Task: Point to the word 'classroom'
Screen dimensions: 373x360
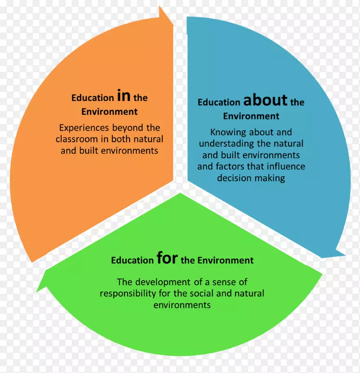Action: pyautogui.click(x=76, y=139)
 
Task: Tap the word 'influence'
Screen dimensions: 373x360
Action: pyautogui.click(x=287, y=166)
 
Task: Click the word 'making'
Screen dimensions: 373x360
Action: pyautogui.click(x=271, y=178)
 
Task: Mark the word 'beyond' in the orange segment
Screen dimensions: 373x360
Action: pyautogui.click(x=122, y=128)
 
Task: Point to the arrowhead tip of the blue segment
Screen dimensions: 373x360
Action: pyautogui.click(x=345, y=255)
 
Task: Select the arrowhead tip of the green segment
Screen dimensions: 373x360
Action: pyautogui.click(x=39, y=280)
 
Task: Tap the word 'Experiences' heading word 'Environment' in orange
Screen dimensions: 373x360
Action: pyautogui.click(x=109, y=112)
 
